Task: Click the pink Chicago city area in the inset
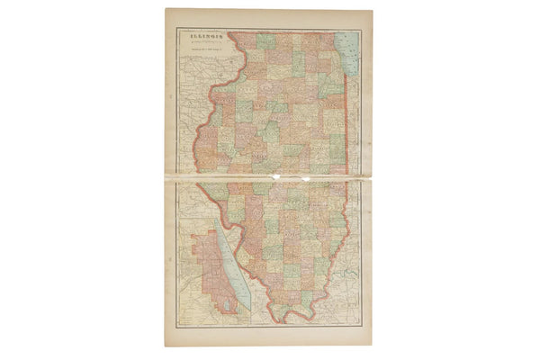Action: coord(205,270)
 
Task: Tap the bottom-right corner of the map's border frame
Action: coord(362,325)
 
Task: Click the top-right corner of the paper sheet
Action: coord(372,10)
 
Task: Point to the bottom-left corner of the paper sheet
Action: coord(166,346)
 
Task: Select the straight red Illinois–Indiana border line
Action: coord(347,135)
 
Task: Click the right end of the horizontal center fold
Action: coord(372,177)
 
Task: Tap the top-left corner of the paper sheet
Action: coord(166,10)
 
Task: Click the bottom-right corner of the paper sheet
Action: coord(372,346)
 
